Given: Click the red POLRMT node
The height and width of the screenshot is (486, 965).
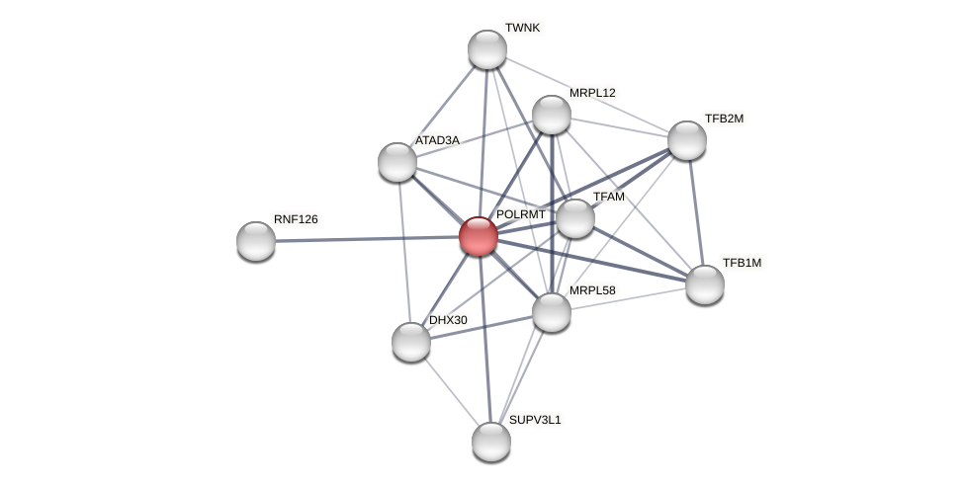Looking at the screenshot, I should pos(479,236).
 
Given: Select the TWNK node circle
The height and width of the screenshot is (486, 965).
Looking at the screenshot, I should pos(487,49).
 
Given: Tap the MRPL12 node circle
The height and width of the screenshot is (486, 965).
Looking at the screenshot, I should pos(552,115).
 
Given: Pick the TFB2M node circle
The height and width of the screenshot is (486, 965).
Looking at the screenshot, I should pos(687,140).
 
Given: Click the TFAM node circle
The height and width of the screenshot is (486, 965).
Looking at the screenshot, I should pos(575,218).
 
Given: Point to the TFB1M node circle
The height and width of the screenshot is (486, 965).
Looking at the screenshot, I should pos(705,284).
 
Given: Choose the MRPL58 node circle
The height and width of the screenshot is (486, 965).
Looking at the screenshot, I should pos(552,312).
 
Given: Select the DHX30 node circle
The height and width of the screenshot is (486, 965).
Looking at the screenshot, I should pos(411,342).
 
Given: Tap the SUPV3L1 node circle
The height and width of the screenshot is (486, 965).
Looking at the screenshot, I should pos(491,442).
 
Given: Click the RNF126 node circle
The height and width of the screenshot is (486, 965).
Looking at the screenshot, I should pos(256,241).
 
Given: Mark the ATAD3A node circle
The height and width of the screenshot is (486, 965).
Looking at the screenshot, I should pos(397,162).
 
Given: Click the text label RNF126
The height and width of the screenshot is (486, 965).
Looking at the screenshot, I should pos(296,219).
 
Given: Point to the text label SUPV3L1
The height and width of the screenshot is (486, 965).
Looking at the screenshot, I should pos(535,420).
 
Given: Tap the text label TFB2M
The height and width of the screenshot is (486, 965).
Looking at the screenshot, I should pos(724,119).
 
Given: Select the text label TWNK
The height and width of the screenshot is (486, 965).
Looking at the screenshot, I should pos(522,28).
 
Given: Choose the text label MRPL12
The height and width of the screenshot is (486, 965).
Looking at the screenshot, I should pos(592,93).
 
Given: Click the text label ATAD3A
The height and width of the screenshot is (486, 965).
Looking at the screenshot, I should pos(437,140).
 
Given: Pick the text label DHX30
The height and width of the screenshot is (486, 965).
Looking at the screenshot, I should pos(448,320).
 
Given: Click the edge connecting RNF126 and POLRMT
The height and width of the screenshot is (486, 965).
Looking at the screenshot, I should pos(366,238).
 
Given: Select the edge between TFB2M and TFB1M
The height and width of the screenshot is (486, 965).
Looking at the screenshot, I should pos(696,212).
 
